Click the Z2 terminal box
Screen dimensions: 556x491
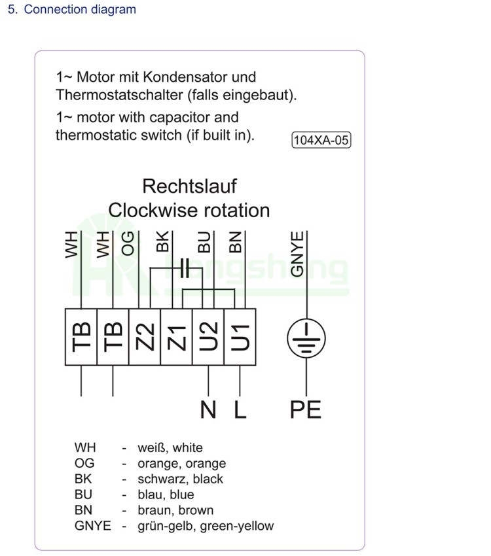pos(145,336)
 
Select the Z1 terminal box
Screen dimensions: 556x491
pos(177,336)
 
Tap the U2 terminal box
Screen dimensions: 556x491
pos(208,336)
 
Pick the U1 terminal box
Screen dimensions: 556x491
pos(240,336)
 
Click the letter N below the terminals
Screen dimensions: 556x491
pos(208,409)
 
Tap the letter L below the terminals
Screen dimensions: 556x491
pos(240,409)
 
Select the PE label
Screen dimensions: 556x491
pos(306,409)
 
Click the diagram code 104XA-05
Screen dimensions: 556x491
pos(321,140)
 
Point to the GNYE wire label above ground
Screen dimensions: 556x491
pos(298,254)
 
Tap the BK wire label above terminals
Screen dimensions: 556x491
pos(162,242)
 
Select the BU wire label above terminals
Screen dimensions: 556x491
pos(204,243)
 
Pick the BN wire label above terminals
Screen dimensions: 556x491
pos(235,242)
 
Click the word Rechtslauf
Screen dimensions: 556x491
pos(189,186)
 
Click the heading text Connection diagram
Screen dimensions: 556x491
pos(80,10)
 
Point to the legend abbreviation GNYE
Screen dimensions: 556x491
pos(92,526)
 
